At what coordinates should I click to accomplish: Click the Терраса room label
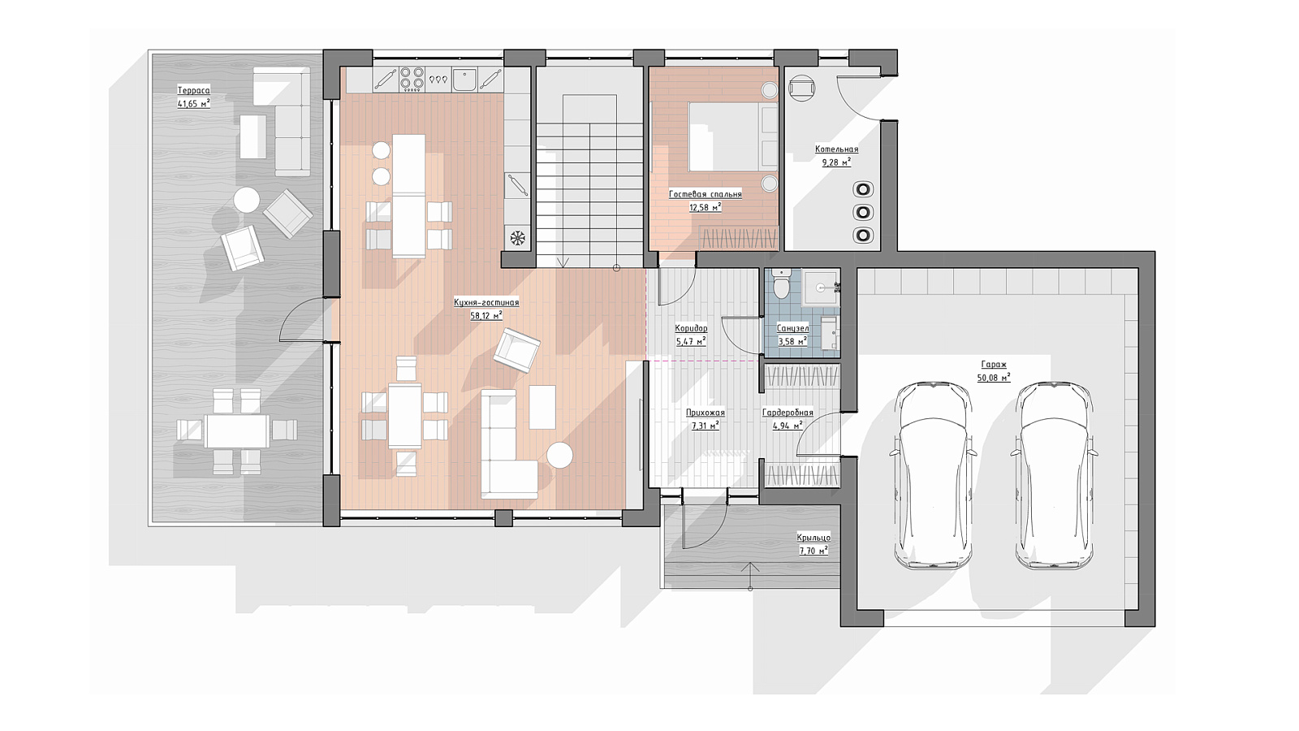point(194,90)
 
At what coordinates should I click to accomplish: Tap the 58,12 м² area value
point(486,316)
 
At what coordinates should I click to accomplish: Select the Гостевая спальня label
point(706,194)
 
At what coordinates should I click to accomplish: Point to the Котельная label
point(836,149)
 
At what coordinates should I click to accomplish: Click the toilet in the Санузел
point(781,283)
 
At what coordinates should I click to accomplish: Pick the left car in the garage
point(933,476)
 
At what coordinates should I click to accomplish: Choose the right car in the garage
point(1055,476)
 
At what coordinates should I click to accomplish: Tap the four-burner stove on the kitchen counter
point(412,80)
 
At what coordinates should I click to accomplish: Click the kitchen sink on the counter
point(464,80)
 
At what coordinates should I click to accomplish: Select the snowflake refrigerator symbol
point(516,238)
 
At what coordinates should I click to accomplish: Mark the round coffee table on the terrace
point(247,200)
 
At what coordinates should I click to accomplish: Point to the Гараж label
point(994,365)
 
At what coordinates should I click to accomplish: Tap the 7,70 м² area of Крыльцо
point(813,551)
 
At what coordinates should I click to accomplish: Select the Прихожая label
point(706,413)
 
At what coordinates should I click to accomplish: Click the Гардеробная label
point(788,413)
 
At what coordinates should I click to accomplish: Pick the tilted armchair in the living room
point(516,350)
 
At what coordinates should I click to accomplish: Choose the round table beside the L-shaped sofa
point(560,456)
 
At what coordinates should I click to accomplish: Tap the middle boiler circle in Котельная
point(863,212)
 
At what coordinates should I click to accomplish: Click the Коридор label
point(691,328)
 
